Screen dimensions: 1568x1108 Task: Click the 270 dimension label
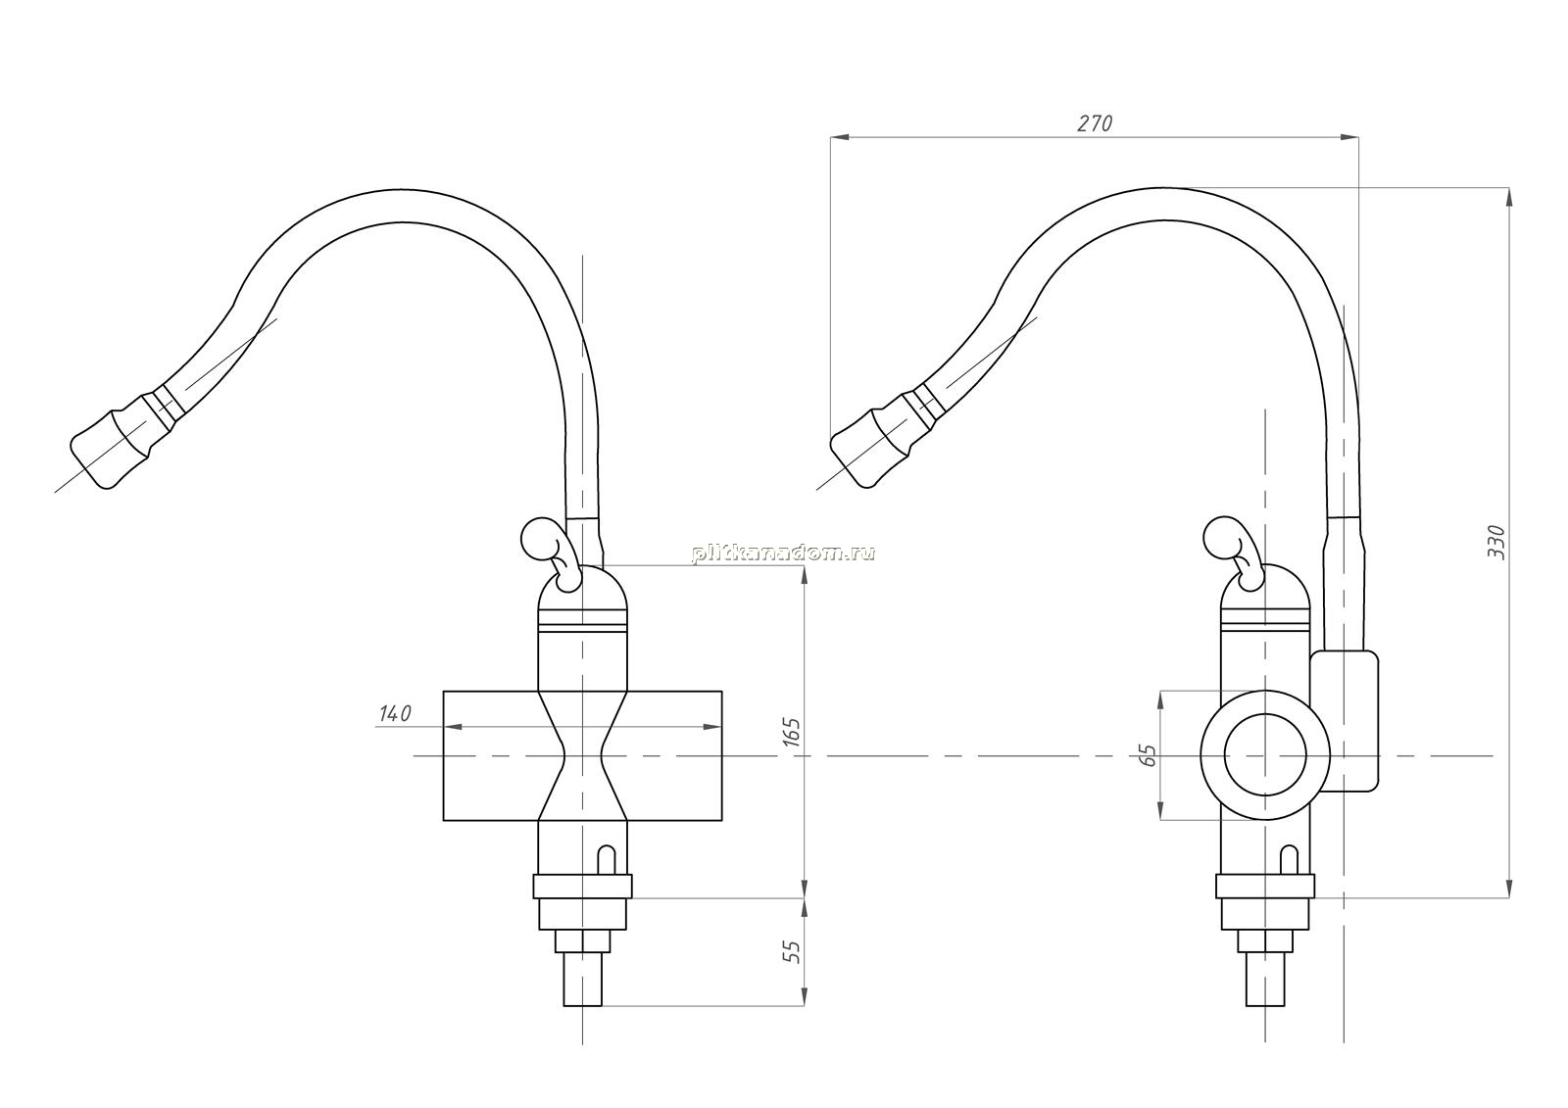[1094, 123]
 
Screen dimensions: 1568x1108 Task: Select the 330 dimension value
[1495, 542]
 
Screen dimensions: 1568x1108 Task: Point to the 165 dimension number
[791, 732]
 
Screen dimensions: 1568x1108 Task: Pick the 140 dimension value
[395, 714]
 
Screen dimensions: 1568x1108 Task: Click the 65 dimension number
[1148, 755]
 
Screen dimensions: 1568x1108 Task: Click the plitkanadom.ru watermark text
[783, 554]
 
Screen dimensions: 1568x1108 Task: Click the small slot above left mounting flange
[608, 860]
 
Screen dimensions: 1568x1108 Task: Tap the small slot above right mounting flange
[1290, 860]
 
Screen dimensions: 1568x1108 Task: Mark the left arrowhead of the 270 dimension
[839, 137]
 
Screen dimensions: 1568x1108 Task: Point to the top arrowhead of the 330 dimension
[1508, 197]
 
